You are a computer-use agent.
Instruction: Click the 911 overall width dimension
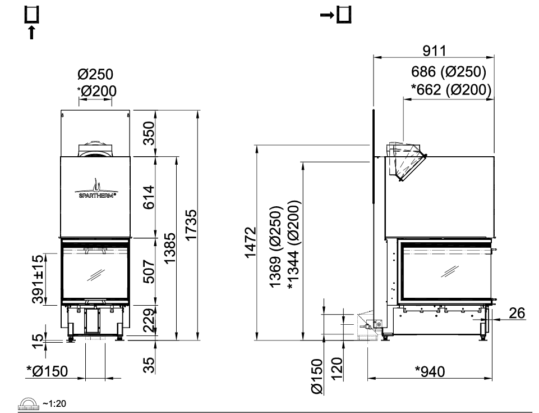pos(434,51)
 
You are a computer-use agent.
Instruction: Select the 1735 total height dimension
pos(191,225)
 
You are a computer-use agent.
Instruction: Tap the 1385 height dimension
pos(170,248)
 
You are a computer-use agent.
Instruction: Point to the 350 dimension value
pos(149,133)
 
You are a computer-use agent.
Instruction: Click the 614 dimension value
pos(149,197)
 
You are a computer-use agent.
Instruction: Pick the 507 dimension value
pos(149,271)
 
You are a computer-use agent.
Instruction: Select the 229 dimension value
pos(149,320)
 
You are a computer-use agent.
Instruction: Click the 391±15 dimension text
pos(38,279)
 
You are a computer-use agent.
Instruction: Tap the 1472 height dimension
pos(250,242)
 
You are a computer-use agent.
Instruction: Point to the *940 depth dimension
pos(430,371)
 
